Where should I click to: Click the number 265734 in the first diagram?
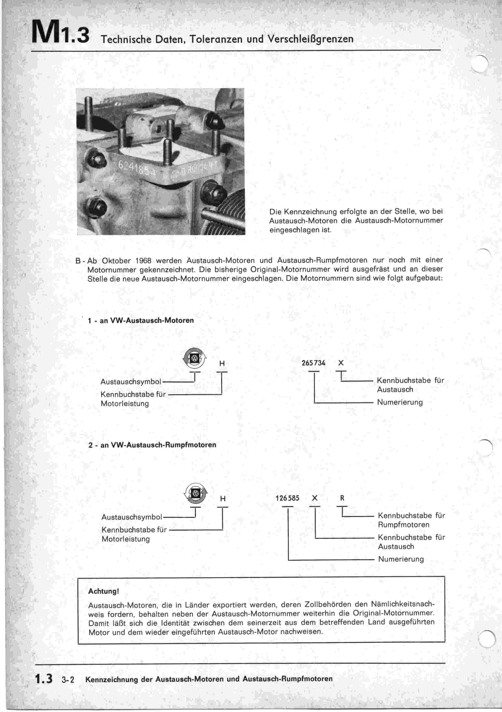pos(313,363)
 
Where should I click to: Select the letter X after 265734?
pos(341,363)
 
